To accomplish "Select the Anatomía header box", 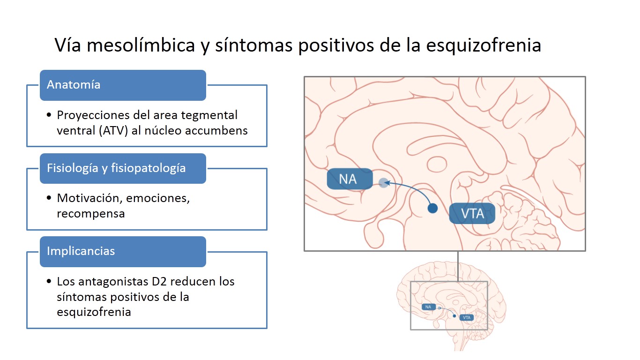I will (123, 85).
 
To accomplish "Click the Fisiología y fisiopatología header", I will (123, 168).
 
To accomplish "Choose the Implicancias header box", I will (123, 251).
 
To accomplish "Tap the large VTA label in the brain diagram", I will (472, 214).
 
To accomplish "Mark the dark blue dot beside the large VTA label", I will (433, 208).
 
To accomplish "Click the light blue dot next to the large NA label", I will (384, 183).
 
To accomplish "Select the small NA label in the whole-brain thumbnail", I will (428, 307).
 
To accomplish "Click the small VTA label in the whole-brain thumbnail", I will (466, 317).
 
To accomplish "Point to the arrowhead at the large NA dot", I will (387, 184).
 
